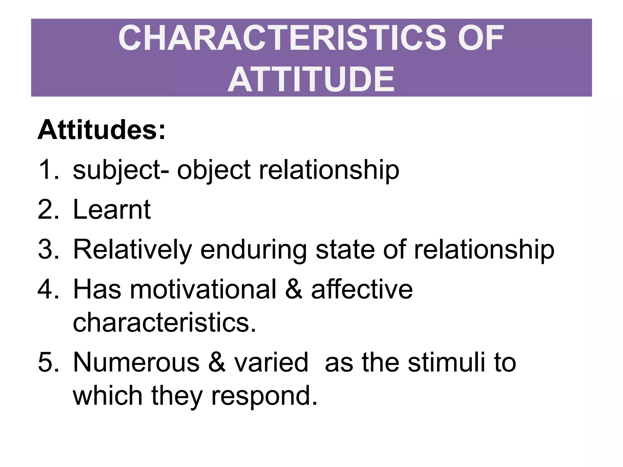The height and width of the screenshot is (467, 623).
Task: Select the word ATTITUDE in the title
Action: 311,80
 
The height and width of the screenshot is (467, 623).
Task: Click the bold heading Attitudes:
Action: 102,130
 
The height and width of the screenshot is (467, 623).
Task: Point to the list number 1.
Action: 47,170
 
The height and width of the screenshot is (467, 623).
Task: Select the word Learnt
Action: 112,209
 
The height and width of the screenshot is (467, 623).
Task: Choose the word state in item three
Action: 345,249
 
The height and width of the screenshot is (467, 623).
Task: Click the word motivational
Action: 203,289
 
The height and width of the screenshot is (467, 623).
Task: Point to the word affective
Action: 362,289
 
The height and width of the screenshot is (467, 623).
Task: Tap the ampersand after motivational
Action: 294,289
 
